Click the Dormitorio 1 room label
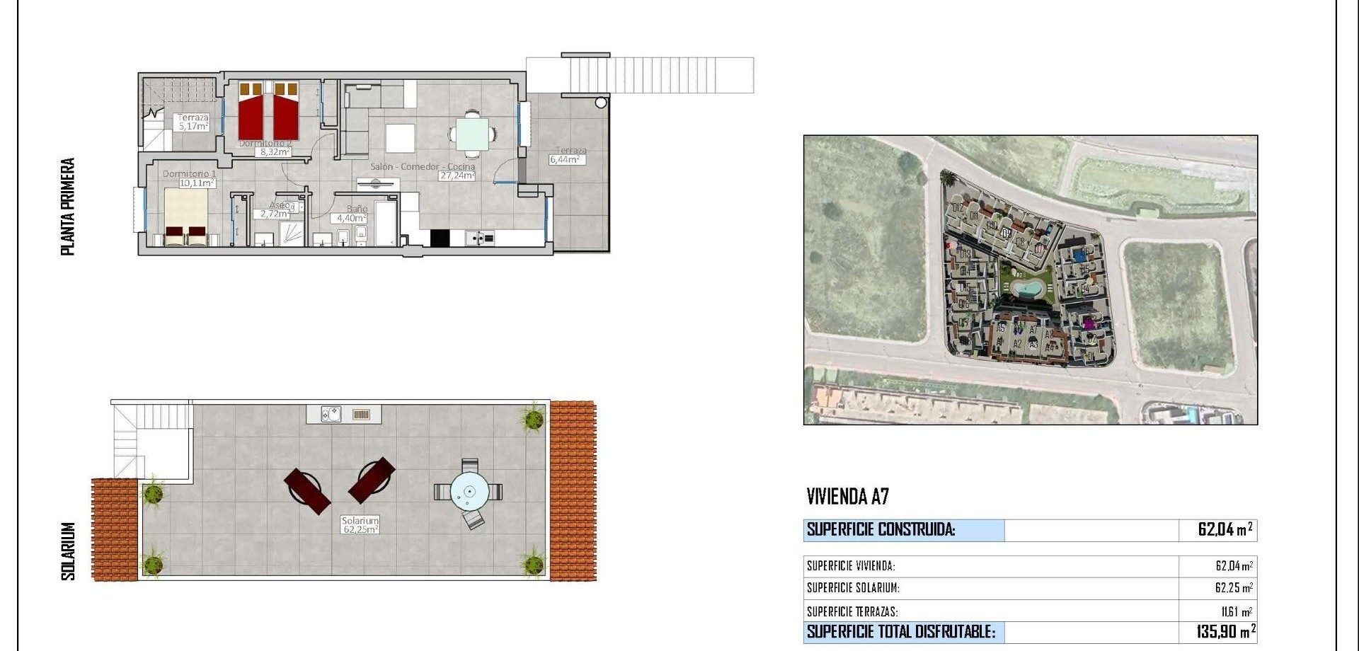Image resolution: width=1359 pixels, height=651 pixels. (189, 173)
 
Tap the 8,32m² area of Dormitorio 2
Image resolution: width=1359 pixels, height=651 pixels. (273, 152)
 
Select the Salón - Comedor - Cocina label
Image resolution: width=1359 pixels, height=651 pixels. (423, 167)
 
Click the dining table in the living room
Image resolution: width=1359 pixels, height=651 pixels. (471, 134)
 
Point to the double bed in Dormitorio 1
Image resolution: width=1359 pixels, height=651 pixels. (186, 217)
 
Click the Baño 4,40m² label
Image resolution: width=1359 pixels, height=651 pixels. (351, 219)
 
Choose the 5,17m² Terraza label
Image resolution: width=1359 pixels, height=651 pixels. (193, 127)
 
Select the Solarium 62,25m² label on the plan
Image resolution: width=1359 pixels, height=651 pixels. (360, 525)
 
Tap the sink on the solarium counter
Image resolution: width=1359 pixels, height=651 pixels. (331, 414)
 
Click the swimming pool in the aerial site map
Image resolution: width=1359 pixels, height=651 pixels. (1026, 288)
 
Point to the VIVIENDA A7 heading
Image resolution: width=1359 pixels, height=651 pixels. (847, 497)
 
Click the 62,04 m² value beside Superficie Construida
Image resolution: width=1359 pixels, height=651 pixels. (1225, 529)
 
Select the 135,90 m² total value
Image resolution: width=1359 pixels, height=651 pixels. (1225, 631)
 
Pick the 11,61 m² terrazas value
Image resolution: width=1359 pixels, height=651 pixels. (1236, 611)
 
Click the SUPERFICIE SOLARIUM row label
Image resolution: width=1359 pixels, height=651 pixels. (852, 588)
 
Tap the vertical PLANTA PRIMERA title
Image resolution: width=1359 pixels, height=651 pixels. (68, 207)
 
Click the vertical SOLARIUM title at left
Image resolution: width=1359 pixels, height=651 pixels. (68, 551)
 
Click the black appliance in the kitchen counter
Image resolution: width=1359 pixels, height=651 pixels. (440, 238)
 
